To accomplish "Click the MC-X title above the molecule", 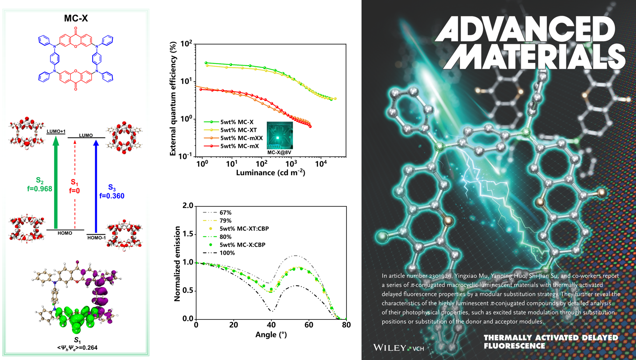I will [76, 18].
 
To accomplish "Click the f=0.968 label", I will [39, 189].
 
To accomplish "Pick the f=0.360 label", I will [112, 196].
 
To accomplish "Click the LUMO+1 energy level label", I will [56, 131].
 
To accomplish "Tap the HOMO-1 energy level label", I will [96, 238].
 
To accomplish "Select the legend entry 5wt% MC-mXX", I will [241, 138].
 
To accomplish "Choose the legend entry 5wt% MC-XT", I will [238, 130].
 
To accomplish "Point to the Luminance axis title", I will [270, 173].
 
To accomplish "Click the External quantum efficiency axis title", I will [173, 100].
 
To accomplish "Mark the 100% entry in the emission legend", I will [227, 253].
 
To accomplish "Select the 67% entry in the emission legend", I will [225, 212].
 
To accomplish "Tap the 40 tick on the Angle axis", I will [272, 325].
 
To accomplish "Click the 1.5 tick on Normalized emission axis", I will [188, 234].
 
